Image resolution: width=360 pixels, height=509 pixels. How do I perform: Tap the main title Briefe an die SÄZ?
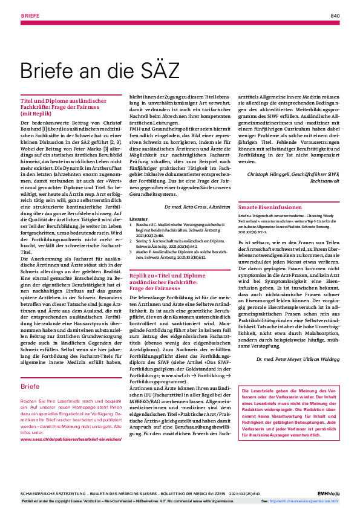(x=100, y=71)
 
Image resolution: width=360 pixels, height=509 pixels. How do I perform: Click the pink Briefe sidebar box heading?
(x=30, y=385)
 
